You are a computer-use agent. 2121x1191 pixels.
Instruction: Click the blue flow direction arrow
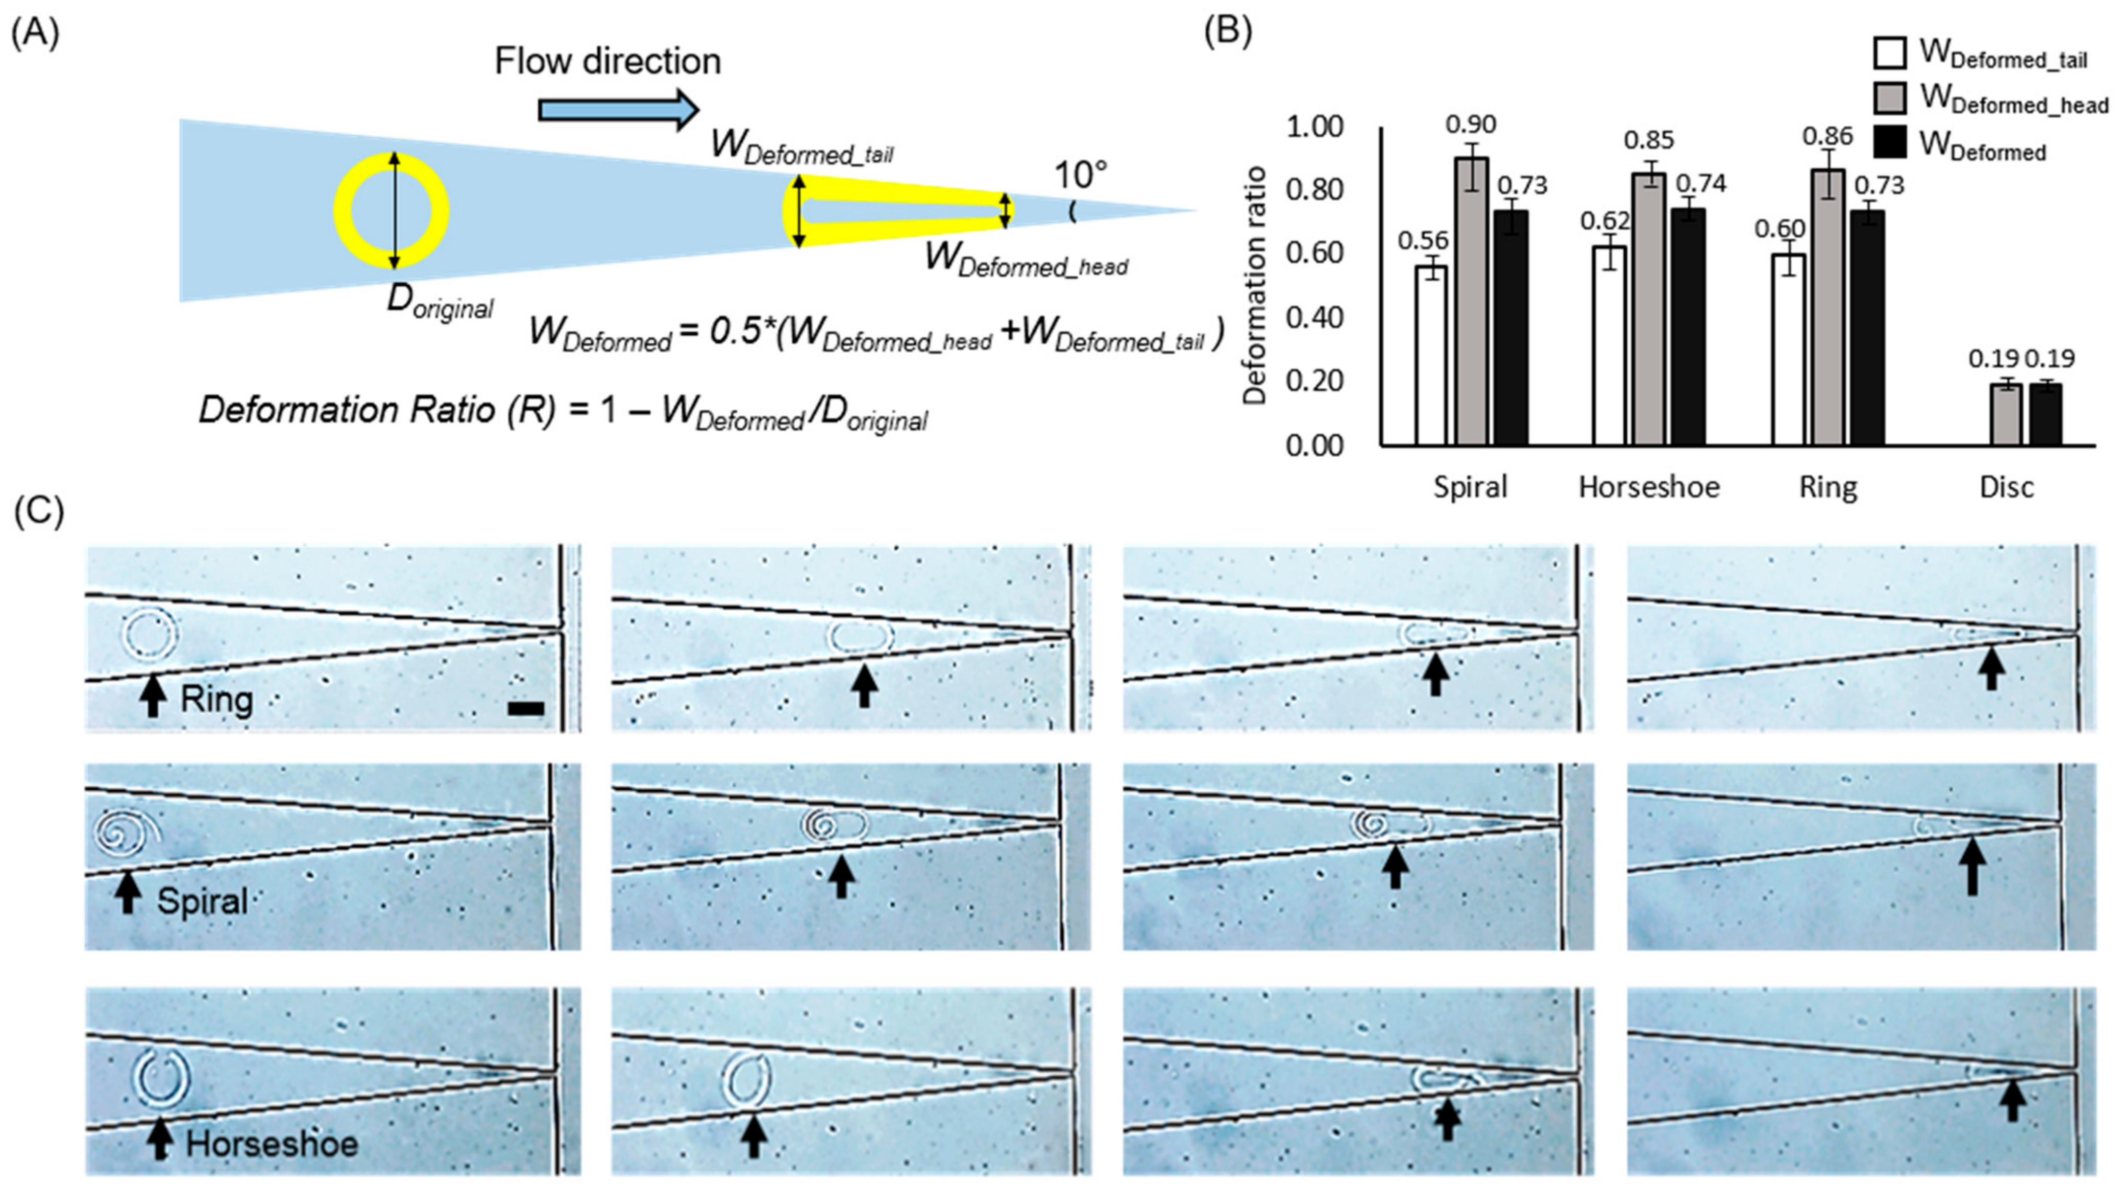(618, 110)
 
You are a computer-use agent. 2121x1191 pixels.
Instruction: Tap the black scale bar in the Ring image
(525, 708)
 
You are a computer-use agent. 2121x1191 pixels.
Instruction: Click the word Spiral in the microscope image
(203, 901)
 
